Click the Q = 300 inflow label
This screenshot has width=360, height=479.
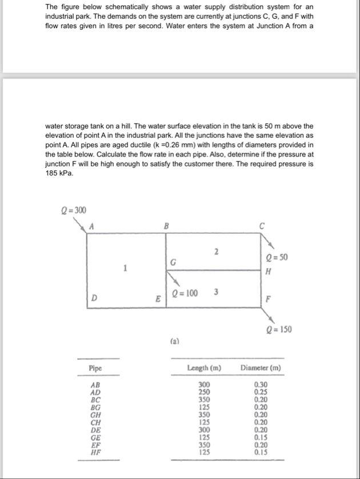[x=74, y=211]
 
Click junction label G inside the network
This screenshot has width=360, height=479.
[x=171, y=262]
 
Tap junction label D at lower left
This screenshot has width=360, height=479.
[x=94, y=298]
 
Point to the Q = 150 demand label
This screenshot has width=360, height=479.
[x=280, y=329]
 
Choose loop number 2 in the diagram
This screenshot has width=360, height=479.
[x=216, y=252]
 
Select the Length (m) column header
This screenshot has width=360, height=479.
[x=204, y=368]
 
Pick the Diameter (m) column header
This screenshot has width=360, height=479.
[x=261, y=368]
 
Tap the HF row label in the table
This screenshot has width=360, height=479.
[x=95, y=452]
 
